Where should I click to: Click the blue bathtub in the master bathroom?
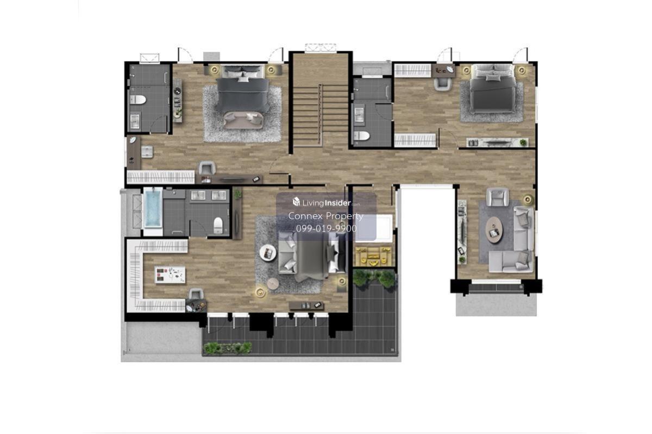tap(153, 208)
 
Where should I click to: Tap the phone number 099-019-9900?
tap(327, 228)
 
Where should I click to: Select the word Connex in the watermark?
tap(305, 216)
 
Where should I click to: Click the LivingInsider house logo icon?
tap(296, 201)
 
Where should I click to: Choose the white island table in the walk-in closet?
tap(170, 275)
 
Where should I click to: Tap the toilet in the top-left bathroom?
tap(137, 100)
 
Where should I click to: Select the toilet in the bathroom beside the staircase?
tap(361, 136)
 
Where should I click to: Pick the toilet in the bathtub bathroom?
tap(218, 225)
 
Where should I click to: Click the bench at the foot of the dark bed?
tap(243, 120)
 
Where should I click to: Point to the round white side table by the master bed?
tap(268, 253)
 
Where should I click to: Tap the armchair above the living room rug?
tap(498, 197)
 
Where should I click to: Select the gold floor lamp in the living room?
tap(528, 200)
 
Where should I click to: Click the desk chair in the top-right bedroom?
tap(442, 84)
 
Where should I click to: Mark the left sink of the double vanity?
tap(198, 195)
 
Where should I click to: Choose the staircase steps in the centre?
tap(321, 116)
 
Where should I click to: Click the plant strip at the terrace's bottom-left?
tap(228, 348)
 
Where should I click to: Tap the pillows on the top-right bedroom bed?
tap(492, 73)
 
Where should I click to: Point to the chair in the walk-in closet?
tap(196, 293)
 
